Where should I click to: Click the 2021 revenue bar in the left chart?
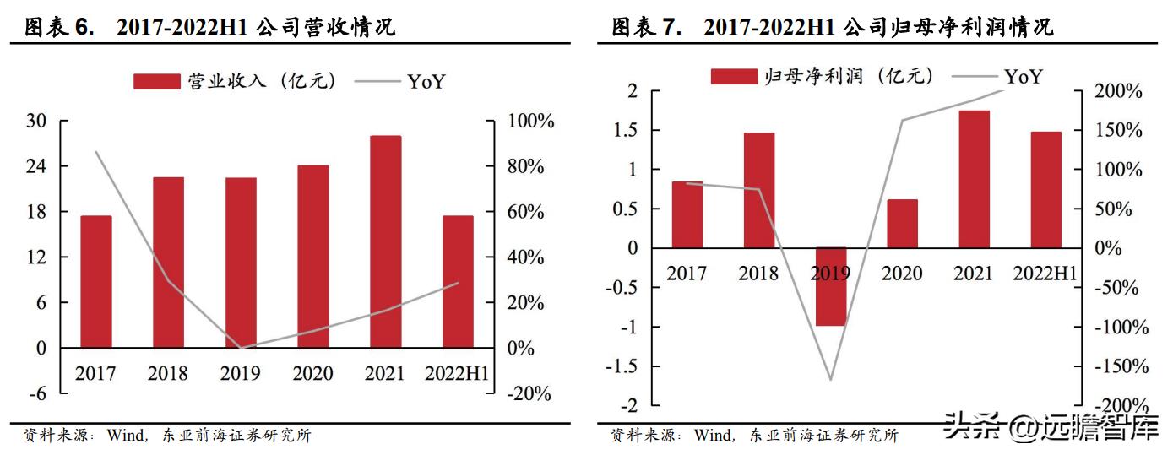tap(386, 241)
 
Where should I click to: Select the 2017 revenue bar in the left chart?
tap(96, 282)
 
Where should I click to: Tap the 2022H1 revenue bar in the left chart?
tap(459, 282)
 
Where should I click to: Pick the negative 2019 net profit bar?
tap(831, 287)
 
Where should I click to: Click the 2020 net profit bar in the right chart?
tap(903, 224)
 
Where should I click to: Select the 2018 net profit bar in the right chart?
tap(759, 190)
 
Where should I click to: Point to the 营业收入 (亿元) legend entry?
tap(236, 81)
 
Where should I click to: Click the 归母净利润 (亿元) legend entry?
tap(824, 76)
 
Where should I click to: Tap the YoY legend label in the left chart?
tap(426, 81)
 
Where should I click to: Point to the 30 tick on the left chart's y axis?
tap(35, 121)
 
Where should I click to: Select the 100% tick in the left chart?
tap(530, 121)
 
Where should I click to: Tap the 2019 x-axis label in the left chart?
tap(241, 373)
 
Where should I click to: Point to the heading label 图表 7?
tap(645, 28)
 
